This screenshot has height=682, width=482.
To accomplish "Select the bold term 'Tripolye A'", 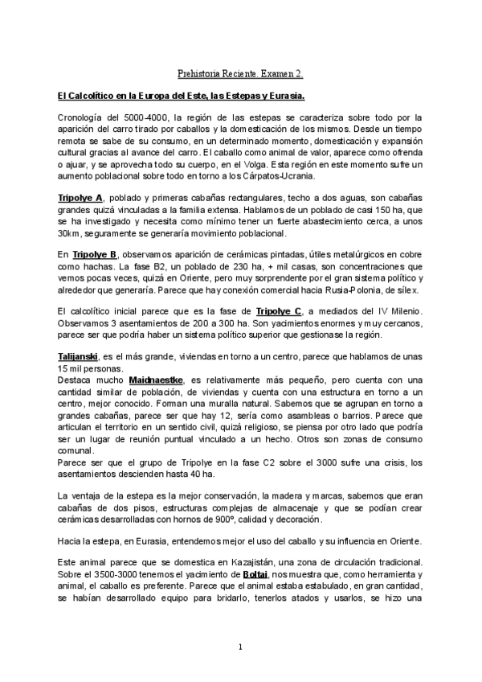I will (x=80, y=198).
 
